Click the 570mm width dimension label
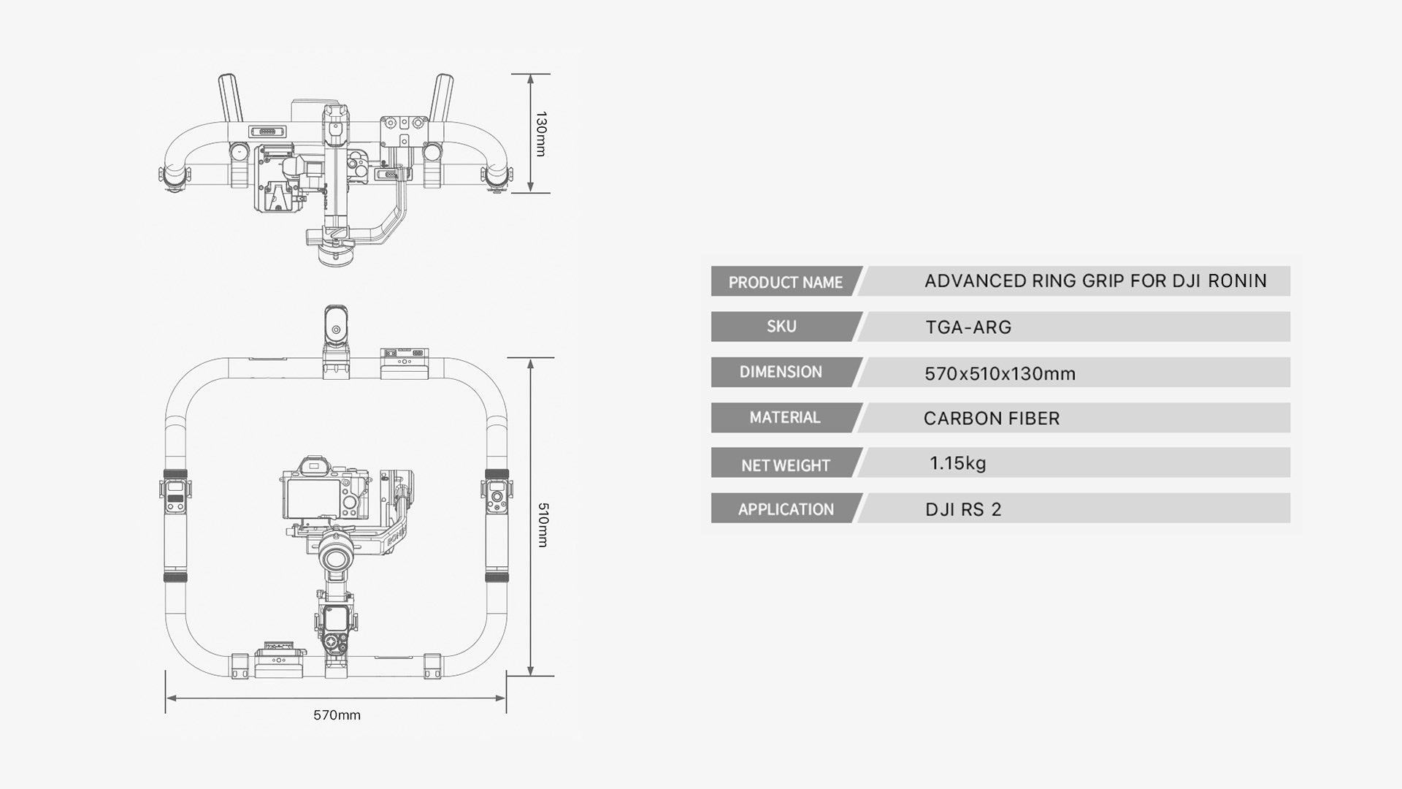337,715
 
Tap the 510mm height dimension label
542,525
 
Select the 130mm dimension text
541,134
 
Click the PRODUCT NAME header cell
785,282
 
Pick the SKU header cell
781,327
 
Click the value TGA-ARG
968,327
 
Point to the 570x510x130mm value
1000,374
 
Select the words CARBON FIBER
991,419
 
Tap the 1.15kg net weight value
957,463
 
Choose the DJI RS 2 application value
963,509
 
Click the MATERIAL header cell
784,417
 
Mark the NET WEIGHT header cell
785,465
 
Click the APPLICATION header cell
785,509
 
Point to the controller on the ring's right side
497,496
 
